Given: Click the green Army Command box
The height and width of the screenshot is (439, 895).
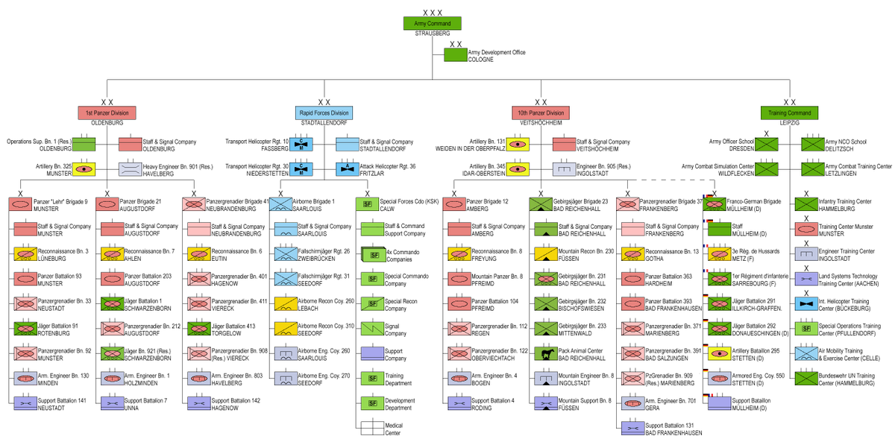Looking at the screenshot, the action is tap(432, 23).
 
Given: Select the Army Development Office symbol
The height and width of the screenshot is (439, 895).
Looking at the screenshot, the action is tap(455, 54).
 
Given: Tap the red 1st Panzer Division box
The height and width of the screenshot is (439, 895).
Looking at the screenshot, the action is tap(107, 113).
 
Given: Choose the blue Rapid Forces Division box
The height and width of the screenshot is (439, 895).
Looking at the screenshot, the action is tap(324, 113).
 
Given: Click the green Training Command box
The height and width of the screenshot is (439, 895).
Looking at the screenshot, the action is tap(790, 113).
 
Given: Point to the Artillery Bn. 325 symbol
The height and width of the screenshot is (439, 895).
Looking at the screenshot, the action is tap(84, 169).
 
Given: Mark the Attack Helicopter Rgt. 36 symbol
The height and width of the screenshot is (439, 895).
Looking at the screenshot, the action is tap(347, 169).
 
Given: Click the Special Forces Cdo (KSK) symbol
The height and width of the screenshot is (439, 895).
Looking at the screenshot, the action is tap(367, 203).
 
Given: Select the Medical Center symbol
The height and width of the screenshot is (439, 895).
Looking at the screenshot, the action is tap(371, 428).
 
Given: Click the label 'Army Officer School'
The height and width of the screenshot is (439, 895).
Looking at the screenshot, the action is tap(732, 141).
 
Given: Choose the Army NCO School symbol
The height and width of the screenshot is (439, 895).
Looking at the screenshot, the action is tap(812, 144).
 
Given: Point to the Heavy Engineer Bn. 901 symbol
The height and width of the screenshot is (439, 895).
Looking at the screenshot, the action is tap(131, 169).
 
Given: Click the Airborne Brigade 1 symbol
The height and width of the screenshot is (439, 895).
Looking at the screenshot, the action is tap(280, 203).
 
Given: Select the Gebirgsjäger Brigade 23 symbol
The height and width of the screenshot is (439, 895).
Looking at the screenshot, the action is tap(539, 203).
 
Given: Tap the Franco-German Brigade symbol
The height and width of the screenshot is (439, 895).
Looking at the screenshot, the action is tap(714, 203).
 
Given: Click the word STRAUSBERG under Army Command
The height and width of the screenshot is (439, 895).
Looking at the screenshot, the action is tap(432, 34).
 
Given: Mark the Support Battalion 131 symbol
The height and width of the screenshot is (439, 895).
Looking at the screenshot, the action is tap(631, 428).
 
